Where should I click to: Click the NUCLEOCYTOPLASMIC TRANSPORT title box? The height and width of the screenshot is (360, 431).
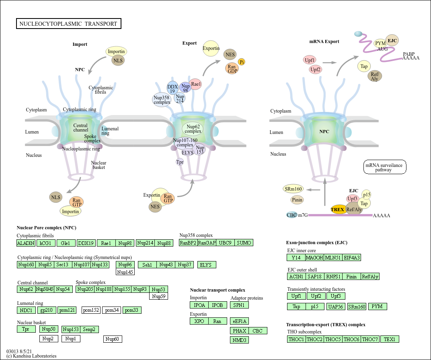(68, 24)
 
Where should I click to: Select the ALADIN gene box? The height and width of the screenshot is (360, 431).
(26, 243)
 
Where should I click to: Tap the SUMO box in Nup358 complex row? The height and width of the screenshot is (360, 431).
(244, 243)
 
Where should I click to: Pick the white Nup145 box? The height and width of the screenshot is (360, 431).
(125, 272)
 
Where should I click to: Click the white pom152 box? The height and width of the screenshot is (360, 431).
(91, 310)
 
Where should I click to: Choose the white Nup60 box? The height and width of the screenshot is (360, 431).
(113, 339)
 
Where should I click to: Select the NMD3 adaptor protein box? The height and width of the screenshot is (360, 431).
(239, 340)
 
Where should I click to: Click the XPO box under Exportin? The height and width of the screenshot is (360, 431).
(199, 321)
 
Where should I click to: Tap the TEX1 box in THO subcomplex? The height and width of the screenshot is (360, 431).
(390, 339)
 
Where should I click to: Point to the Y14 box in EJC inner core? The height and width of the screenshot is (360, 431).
(296, 257)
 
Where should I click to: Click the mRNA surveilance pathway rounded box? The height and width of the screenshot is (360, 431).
(385, 167)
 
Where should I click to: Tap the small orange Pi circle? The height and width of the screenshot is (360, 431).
(242, 62)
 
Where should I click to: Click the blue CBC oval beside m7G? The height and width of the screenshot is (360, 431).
(291, 215)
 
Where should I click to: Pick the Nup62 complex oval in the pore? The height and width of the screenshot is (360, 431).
(193, 129)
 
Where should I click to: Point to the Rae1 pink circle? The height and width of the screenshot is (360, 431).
(196, 84)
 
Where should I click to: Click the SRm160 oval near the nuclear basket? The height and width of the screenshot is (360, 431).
(293, 189)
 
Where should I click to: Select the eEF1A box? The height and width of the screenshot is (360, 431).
(239, 321)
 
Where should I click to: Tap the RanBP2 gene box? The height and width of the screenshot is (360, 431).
(188, 243)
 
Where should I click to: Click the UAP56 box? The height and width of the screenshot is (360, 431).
(336, 307)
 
